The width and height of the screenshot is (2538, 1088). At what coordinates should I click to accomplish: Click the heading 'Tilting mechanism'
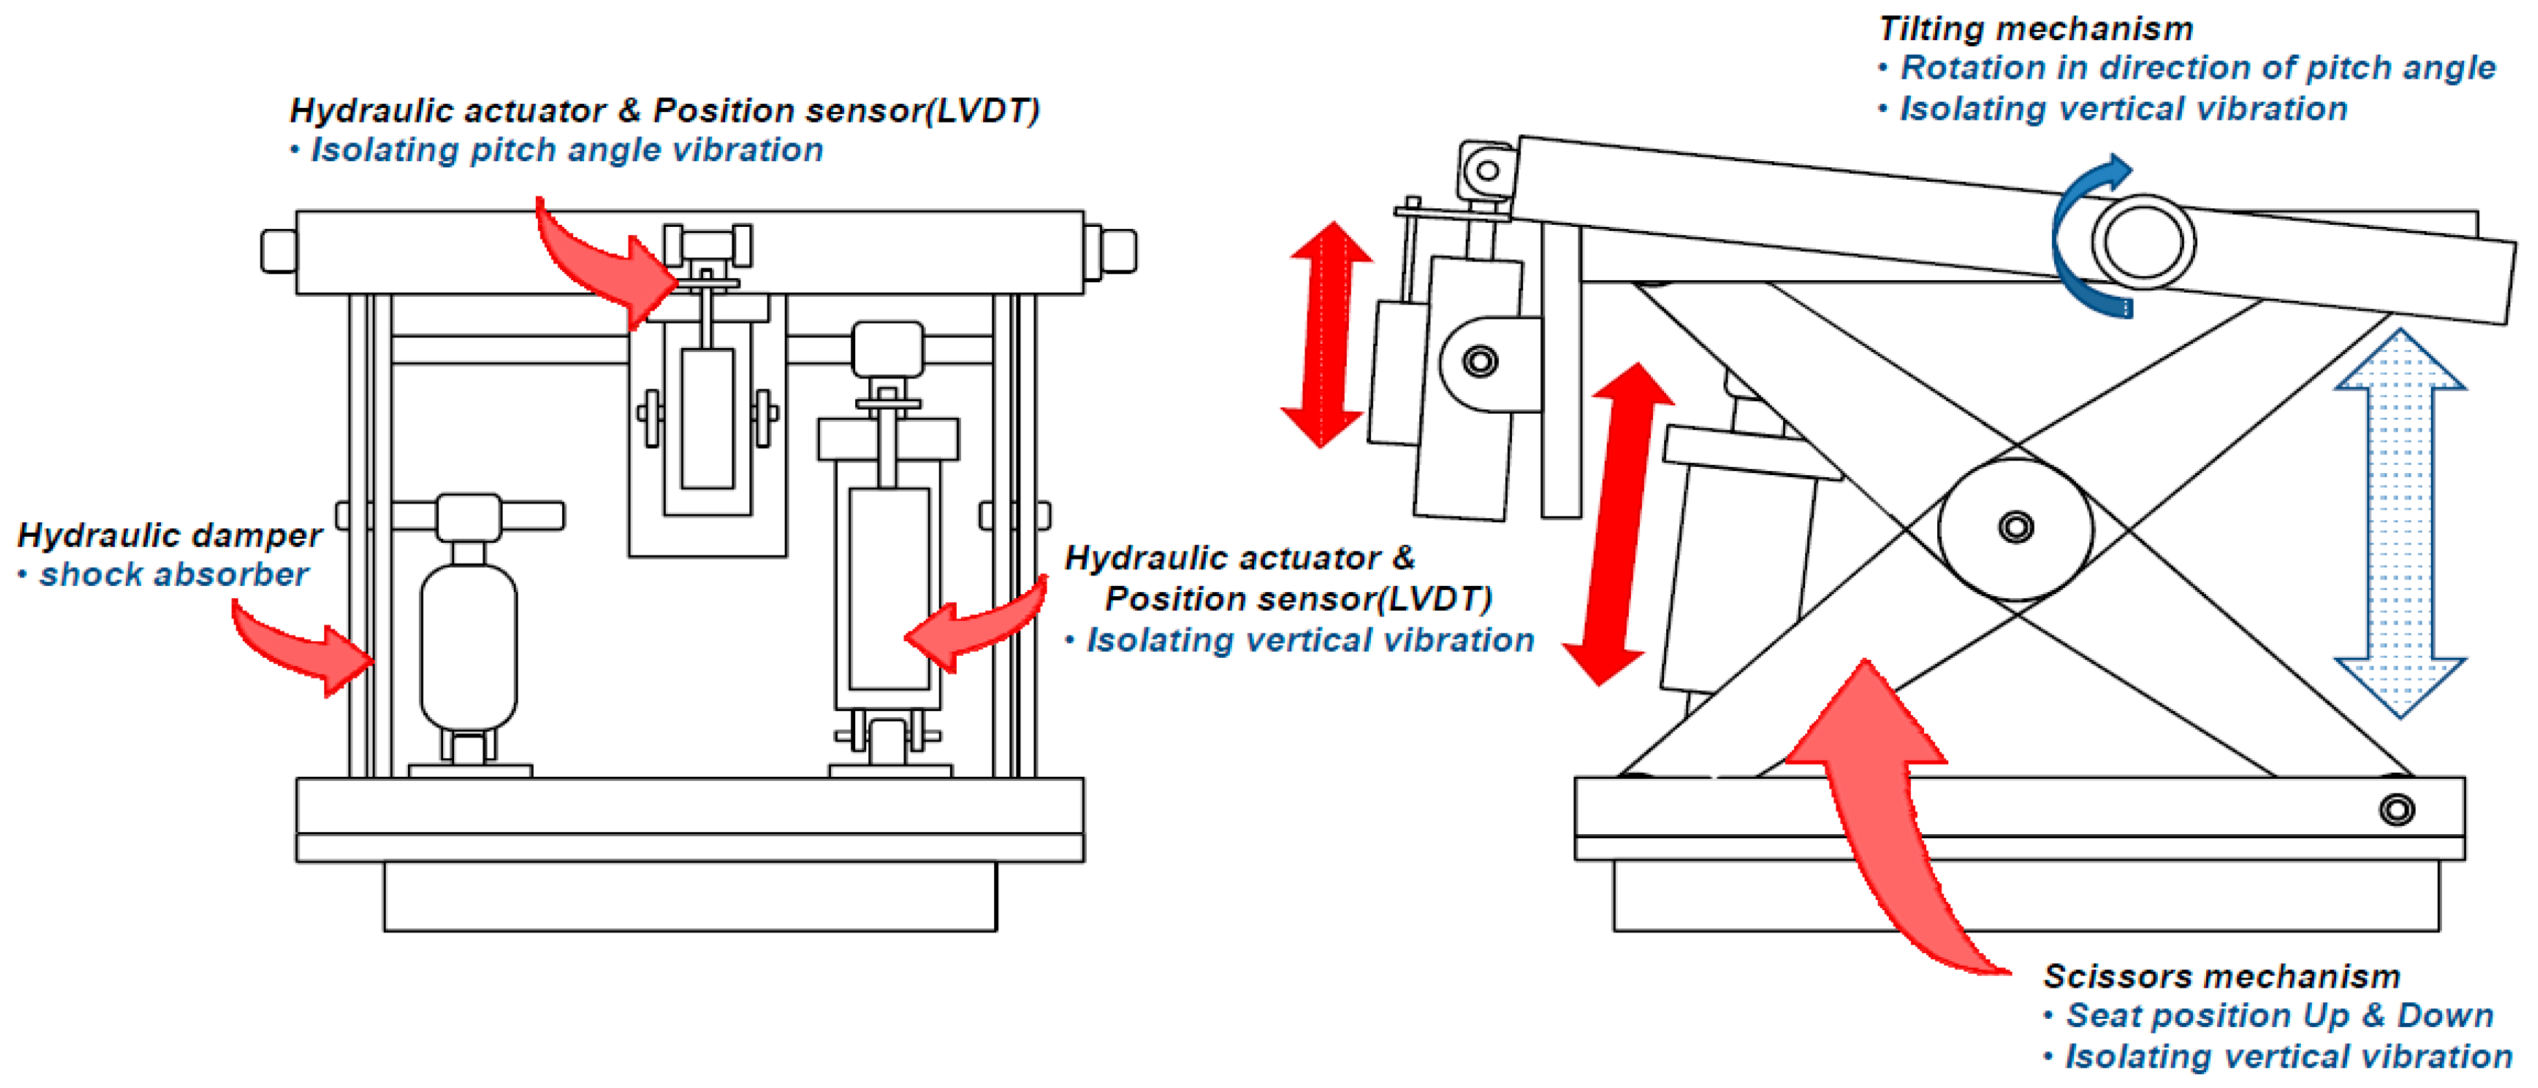(x=2035, y=28)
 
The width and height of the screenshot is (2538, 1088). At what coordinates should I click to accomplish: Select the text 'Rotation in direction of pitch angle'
(x=2197, y=68)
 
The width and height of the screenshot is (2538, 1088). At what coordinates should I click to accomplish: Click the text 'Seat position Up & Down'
(x=2279, y=1015)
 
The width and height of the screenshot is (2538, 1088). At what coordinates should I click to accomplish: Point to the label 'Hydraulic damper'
(x=169, y=535)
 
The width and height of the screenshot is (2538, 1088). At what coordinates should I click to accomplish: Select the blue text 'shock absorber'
(x=174, y=575)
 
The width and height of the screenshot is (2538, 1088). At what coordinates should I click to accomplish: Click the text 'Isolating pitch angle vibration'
(x=566, y=150)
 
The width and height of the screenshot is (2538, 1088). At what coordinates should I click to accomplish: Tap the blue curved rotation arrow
(x=2084, y=237)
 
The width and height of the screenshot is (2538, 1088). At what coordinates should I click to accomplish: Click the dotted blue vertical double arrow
(x=2400, y=522)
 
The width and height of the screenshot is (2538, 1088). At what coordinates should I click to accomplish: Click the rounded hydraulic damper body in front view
(x=469, y=645)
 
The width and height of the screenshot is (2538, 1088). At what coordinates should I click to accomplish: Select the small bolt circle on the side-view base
(x=2396, y=810)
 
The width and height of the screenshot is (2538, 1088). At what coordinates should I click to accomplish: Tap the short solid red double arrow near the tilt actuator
(x=1325, y=335)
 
